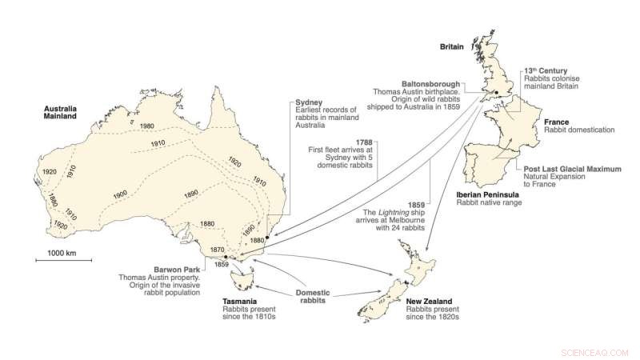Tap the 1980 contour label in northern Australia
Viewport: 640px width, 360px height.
147,126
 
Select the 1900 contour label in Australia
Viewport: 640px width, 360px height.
122,194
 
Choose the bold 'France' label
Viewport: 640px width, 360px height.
557,121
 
